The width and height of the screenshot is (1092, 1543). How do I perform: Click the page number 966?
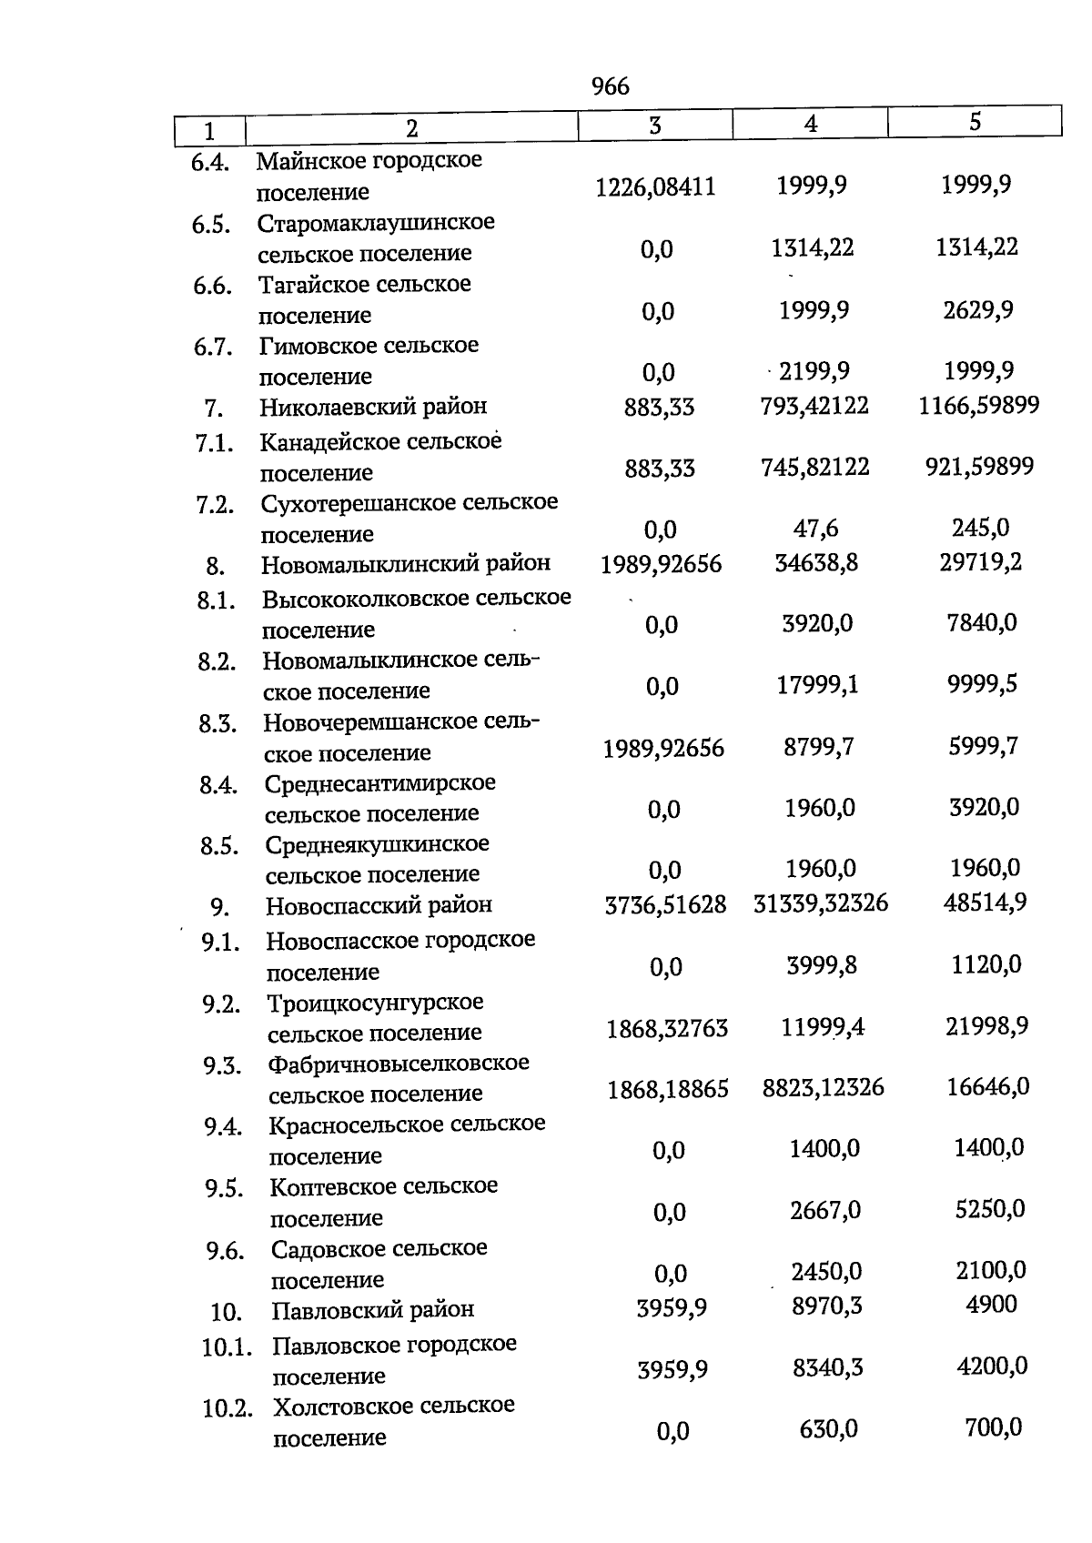(610, 86)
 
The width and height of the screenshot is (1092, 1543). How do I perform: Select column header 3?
(655, 126)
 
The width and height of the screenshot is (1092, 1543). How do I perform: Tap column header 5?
(975, 122)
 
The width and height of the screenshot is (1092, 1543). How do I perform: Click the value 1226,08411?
(655, 187)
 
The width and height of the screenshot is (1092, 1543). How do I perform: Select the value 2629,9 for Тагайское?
(978, 310)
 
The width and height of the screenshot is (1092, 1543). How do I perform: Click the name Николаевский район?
(373, 407)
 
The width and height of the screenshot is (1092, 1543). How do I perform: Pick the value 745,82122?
(814, 468)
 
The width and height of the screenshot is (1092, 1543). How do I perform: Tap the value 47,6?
(815, 529)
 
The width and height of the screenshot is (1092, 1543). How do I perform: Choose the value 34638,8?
(816, 563)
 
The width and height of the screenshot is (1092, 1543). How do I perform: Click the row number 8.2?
(217, 662)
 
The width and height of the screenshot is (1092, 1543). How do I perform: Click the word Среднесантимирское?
(380, 783)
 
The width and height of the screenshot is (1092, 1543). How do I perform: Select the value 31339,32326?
(821, 903)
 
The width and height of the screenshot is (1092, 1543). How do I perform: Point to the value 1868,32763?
(667, 1029)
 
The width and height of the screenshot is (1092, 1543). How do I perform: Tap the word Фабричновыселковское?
(399, 1064)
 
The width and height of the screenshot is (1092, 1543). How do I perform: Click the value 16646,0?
(987, 1086)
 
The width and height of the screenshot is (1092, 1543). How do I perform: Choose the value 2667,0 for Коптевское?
(825, 1211)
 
